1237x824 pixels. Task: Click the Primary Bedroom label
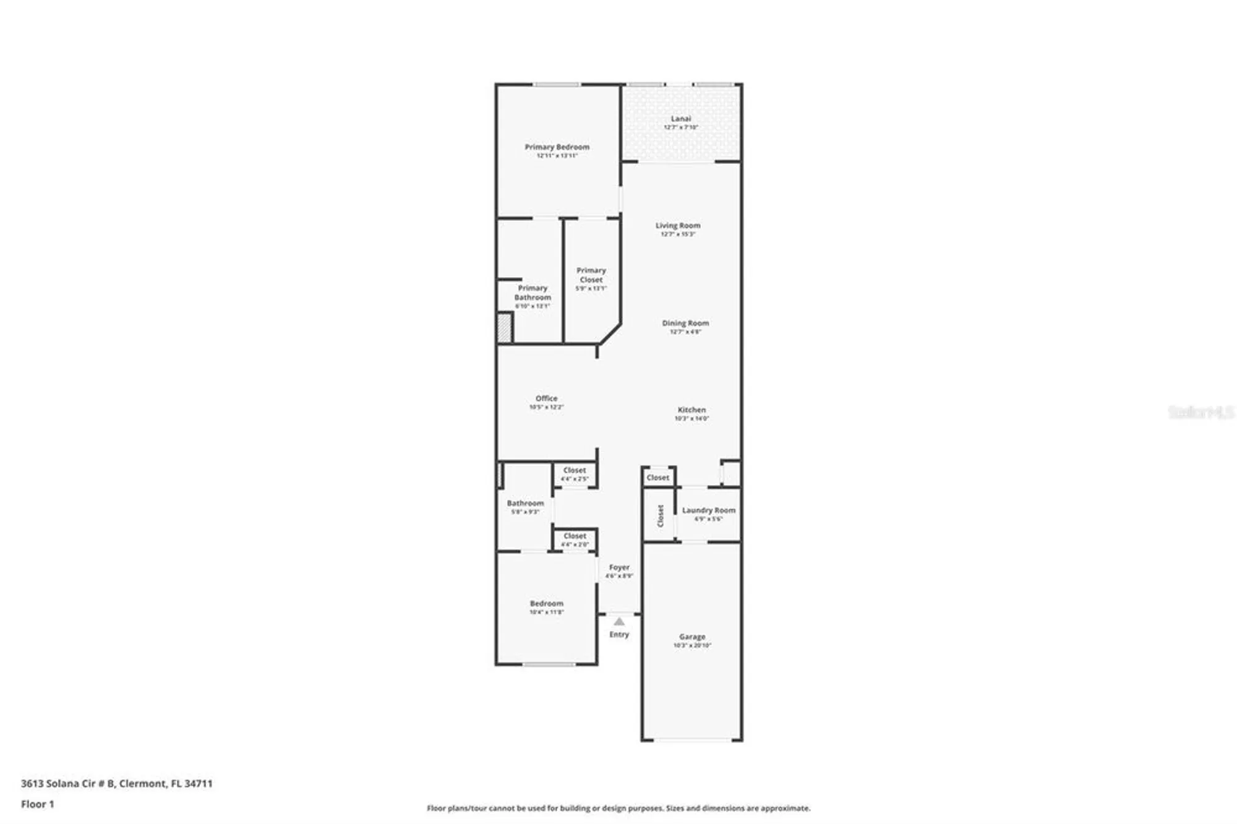(557, 147)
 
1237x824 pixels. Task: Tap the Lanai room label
(680, 119)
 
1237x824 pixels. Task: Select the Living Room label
(678, 226)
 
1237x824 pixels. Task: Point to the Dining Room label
(685, 323)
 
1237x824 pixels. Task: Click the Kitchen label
(691, 410)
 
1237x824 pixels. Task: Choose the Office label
(546, 398)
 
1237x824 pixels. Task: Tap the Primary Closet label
(591, 275)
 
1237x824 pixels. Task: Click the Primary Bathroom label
(533, 293)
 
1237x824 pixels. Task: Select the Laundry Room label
(708, 510)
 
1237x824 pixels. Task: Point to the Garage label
(692, 637)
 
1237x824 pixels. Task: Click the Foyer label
(619, 567)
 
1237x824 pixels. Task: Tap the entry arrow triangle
(619, 622)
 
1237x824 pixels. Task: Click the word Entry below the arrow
(619, 635)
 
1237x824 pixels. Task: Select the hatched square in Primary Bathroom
(505, 328)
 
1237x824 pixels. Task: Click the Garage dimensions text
(692, 645)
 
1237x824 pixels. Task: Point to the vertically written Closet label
(660, 515)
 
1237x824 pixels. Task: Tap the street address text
(116, 783)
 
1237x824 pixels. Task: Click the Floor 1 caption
(37, 804)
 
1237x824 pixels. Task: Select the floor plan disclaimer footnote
(618, 808)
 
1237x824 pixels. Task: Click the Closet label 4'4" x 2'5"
(575, 474)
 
